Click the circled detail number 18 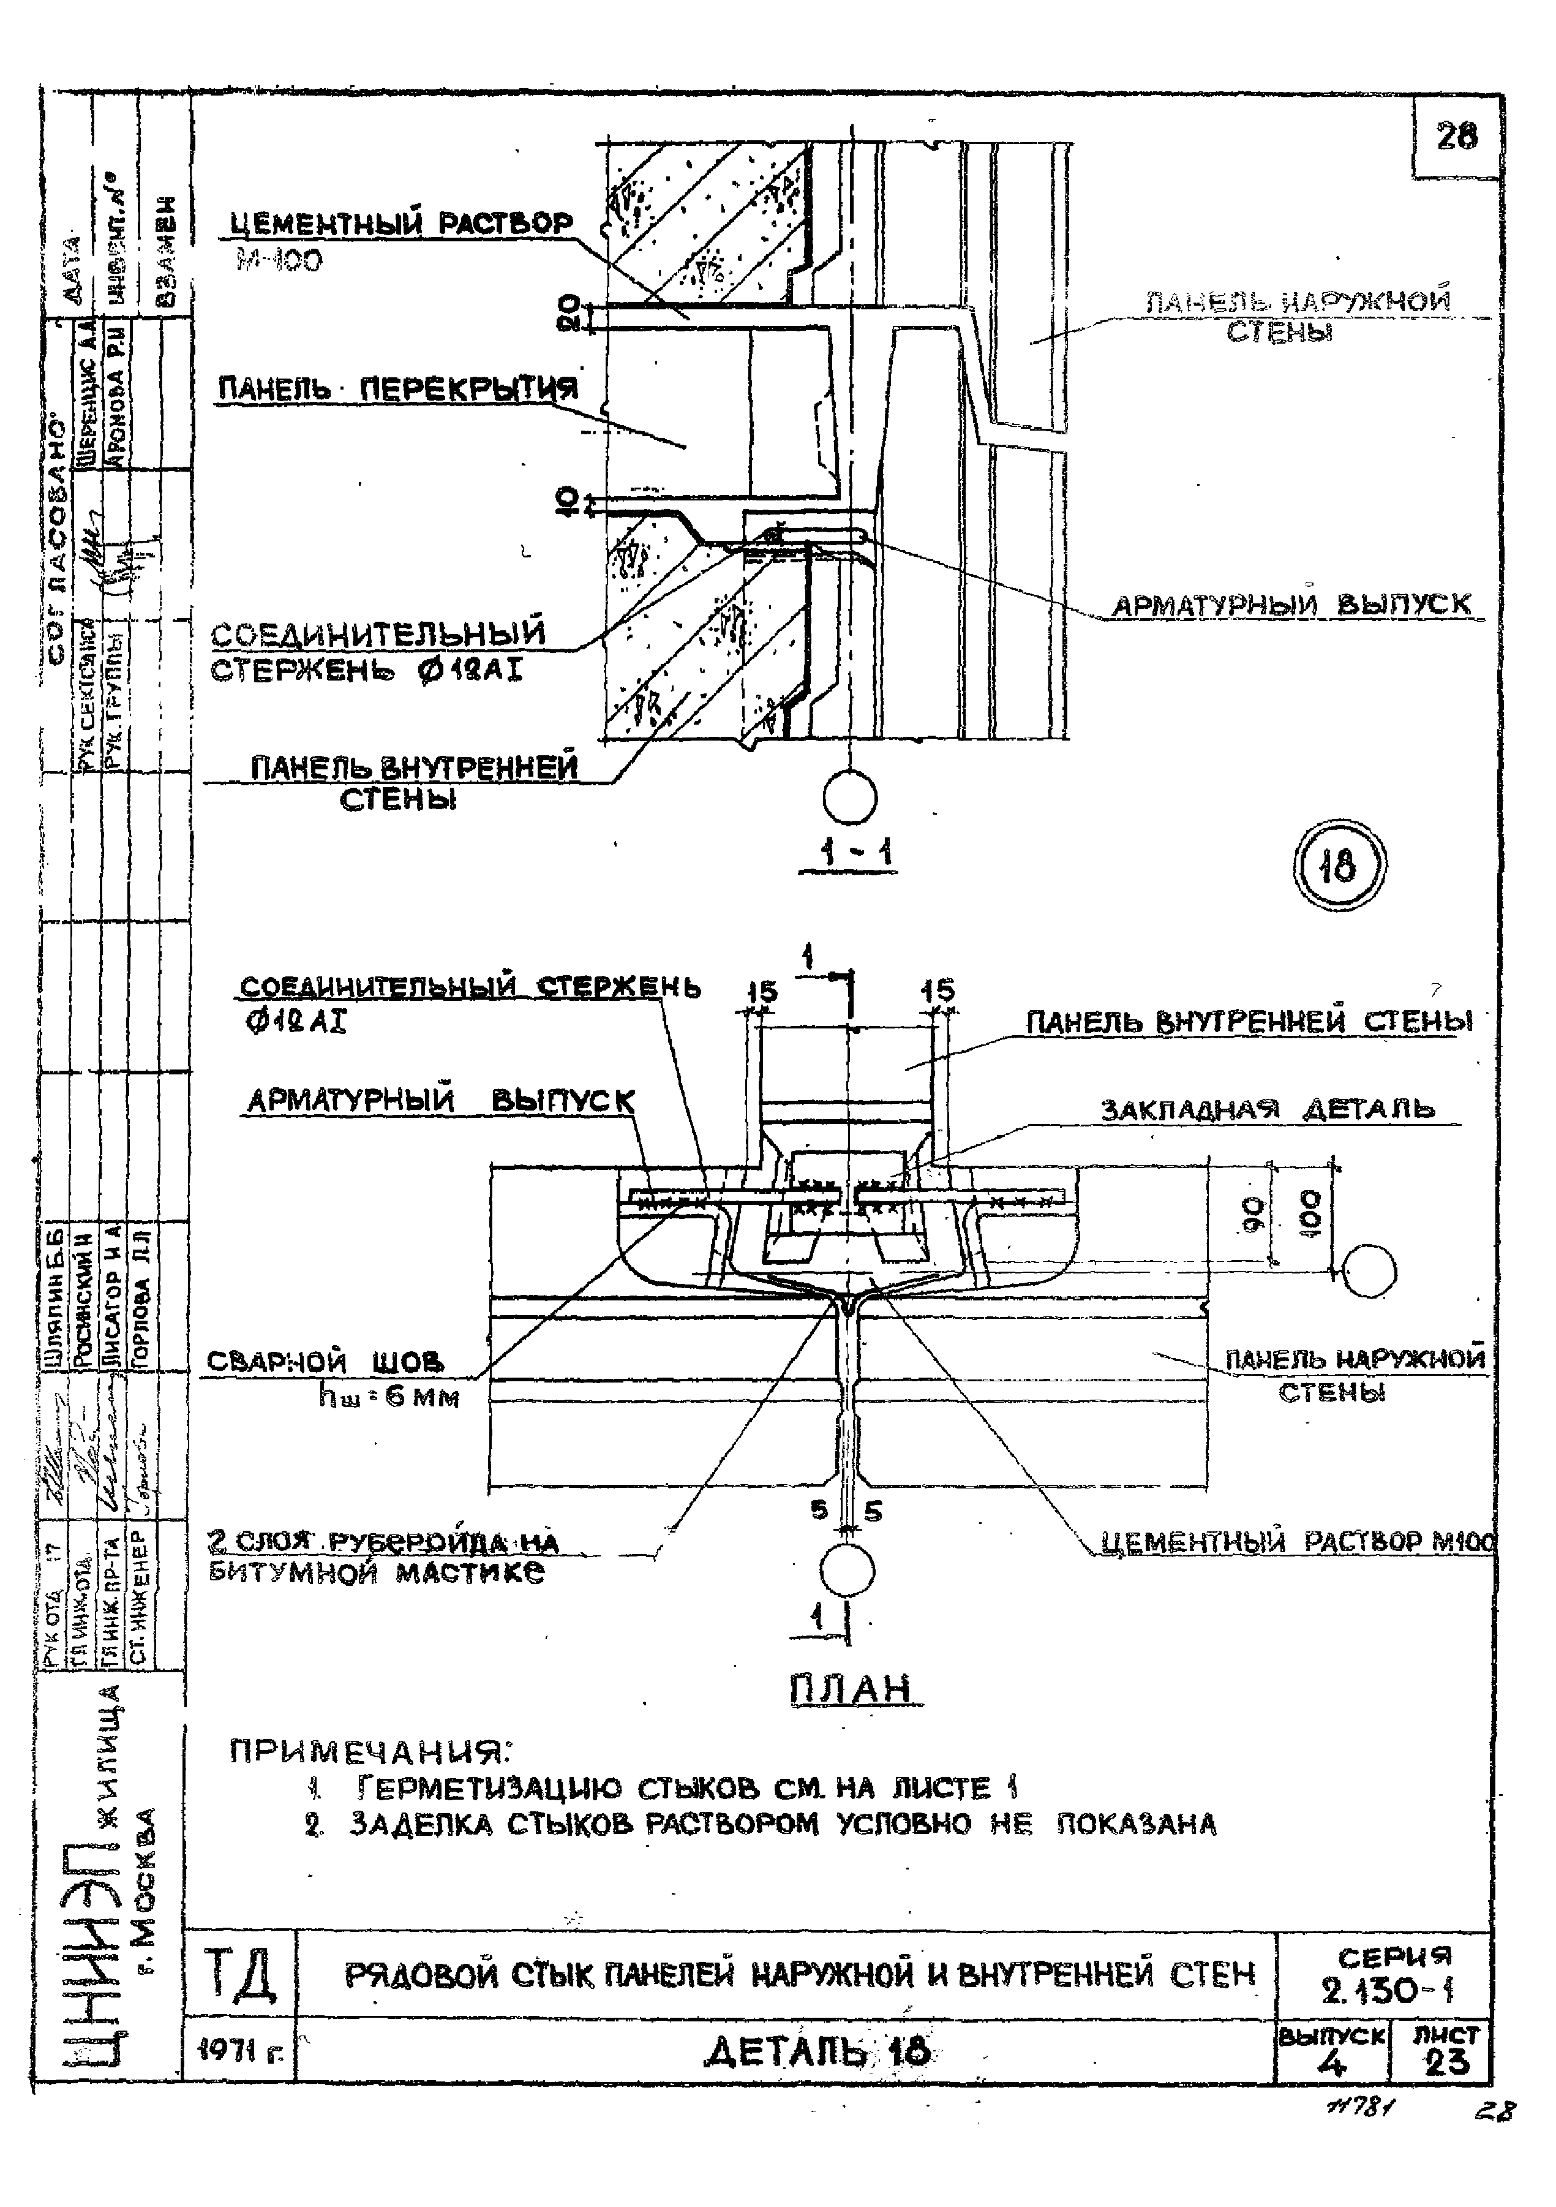pyautogui.click(x=1339, y=867)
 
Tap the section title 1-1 pyautogui.click(x=848, y=853)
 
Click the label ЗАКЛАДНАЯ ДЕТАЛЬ pyautogui.click(x=1268, y=1109)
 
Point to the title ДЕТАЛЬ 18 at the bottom pyautogui.click(x=817, y=2051)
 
